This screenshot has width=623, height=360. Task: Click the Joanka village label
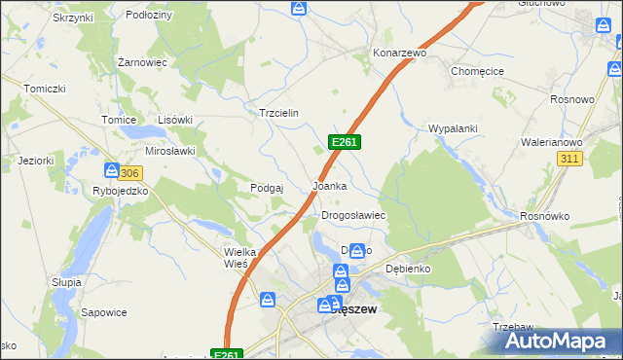tap(329, 185)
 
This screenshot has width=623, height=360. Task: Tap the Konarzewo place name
tap(400, 53)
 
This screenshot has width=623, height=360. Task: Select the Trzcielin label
tap(277, 113)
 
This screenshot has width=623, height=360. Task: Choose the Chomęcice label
tap(476, 71)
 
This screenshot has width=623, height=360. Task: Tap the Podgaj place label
tap(266, 188)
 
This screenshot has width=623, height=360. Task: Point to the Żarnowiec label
tap(142, 60)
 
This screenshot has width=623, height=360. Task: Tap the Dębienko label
tap(408, 268)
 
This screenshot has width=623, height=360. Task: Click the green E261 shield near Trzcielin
tap(346, 142)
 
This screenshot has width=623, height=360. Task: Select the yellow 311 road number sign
tap(570, 159)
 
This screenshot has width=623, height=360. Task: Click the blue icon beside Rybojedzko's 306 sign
tap(111, 170)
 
